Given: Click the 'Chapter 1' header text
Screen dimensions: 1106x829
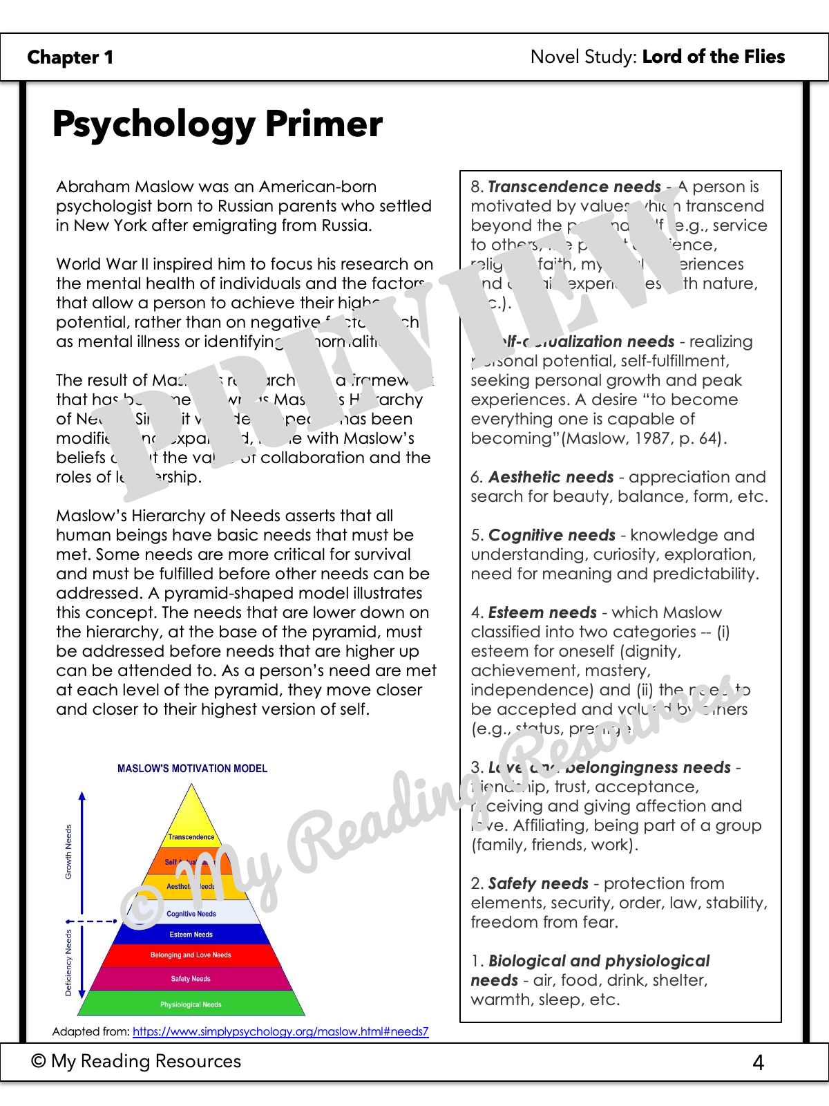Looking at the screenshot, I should [x=70, y=57].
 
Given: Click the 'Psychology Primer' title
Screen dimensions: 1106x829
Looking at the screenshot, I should [x=217, y=124].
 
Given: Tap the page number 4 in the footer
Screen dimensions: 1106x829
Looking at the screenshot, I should [x=758, y=1062].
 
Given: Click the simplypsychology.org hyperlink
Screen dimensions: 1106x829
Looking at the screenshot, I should [x=280, y=1031].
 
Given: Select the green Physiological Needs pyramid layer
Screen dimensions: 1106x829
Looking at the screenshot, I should [x=191, y=1004].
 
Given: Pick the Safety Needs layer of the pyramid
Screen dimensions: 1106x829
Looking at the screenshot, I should [x=191, y=979].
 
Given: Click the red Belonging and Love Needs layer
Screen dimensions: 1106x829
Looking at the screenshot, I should [x=191, y=955].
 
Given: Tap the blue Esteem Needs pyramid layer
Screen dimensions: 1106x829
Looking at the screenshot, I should [x=191, y=935].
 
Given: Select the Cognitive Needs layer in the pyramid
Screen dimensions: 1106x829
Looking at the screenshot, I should [x=191, y=914].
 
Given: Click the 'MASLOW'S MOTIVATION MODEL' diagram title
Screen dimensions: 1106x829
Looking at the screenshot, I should [x=192, y=769].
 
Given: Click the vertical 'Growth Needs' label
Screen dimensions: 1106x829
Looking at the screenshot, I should [x=68, y=852].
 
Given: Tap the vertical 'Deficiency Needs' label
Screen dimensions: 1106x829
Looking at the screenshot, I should [x=68, y=962].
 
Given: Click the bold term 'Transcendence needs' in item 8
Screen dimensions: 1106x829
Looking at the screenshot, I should [x=574, y=187].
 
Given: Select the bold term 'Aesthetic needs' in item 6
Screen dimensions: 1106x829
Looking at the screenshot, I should [x=551, y=477].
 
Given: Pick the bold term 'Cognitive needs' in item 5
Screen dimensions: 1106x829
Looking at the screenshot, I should [x=551, y=535].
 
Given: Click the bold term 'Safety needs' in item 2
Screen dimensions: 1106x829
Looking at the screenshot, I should [x=538, y=883].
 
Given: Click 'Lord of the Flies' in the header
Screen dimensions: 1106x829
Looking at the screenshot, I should [x=714, y=57].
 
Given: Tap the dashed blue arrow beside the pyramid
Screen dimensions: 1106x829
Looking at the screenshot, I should [x=93, y=921].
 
